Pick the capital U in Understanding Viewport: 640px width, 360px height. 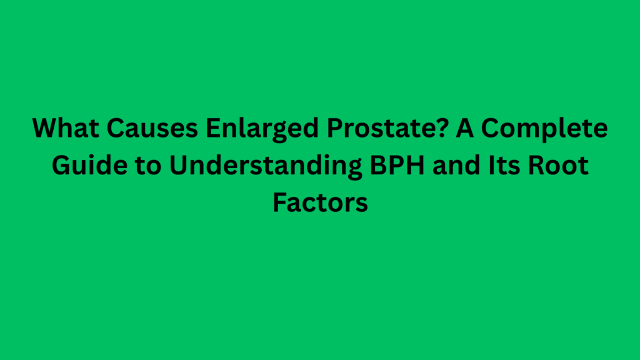click(x=172, y=166)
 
